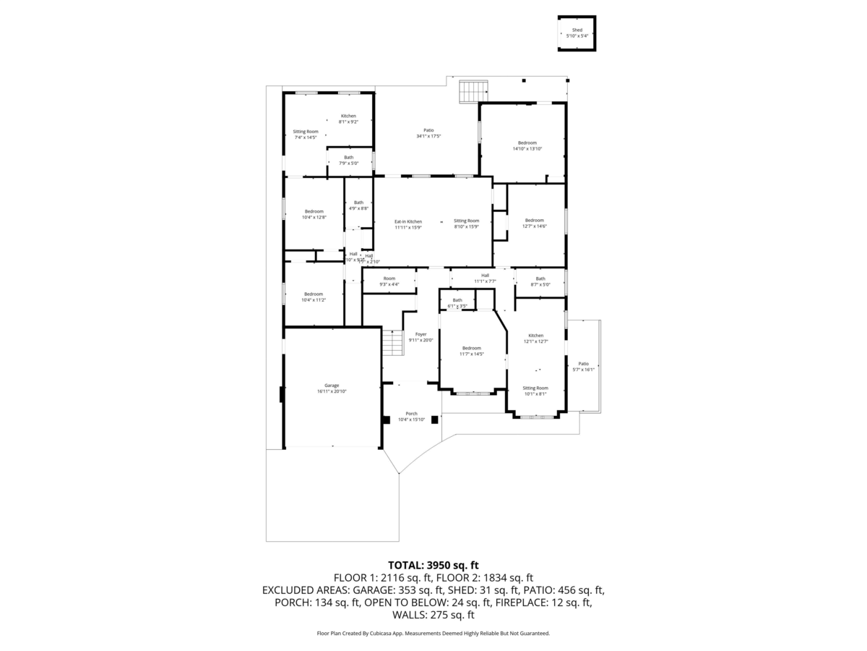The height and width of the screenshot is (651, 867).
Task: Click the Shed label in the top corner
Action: [x=577, y=33]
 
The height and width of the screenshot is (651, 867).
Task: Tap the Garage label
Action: [x=332, y=388]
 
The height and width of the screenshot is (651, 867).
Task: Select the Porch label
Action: [x=411, y=417]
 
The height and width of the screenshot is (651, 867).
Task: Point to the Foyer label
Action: [x=420, y=337]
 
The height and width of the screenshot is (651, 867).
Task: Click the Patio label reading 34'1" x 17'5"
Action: [x=428, y=133]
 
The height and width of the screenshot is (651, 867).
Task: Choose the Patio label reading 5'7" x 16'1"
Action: [x=583, y=367]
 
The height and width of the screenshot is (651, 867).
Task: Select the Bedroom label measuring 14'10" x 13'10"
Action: [x=527, y=145]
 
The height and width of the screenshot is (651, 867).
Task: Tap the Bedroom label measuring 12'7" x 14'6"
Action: [x=534, y=224]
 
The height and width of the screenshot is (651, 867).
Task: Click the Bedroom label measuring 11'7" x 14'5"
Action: [x=471, y=351]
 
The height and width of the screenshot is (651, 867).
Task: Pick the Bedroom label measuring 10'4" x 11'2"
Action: [x=313, y=297]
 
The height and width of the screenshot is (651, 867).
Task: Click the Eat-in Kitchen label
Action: [x=408, y=224]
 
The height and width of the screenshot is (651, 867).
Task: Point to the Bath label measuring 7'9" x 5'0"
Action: [x=349, y=160]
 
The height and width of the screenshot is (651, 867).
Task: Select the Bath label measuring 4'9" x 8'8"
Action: [x=358, y=205]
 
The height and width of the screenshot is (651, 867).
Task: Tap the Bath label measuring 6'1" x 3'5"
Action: [x=457, y=303]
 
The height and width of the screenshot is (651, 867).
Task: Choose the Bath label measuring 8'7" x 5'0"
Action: [x=540, y=281]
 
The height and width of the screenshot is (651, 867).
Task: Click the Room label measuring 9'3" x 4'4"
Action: [x=389, y=281]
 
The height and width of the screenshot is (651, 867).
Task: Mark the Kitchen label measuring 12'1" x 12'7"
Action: [x=535, y=339]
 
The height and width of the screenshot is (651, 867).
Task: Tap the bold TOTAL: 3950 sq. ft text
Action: [x=433, y=565]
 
